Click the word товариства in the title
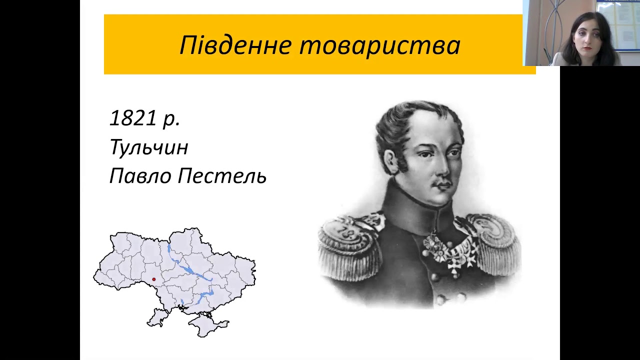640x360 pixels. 380,45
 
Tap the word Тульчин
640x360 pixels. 148,147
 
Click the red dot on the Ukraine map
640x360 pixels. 153,279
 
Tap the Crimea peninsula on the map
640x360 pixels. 205,324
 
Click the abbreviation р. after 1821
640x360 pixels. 171,119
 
